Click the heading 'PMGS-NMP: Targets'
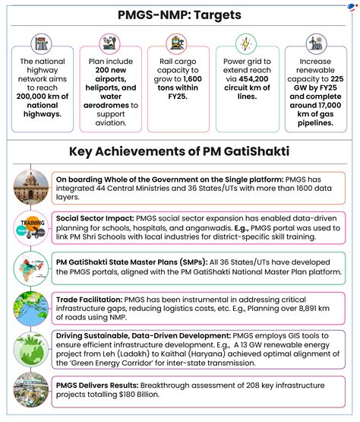(x=180, y=14)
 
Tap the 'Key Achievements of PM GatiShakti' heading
(x=180, y=152)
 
